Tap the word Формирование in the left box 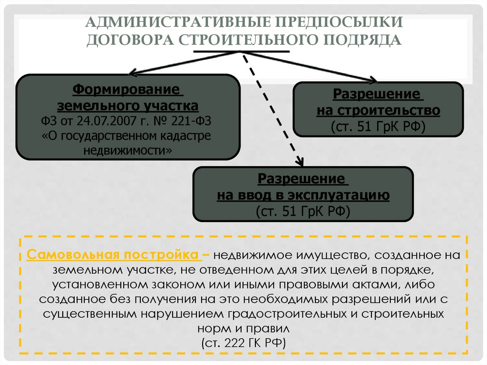pyautogui.click(x=127, y=89)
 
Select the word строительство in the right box pyautogui.click(x=386, y=111)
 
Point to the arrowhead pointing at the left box pyautogui.click(x=134, y=73)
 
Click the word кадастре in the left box pyautogui.click(x=190, y=136)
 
